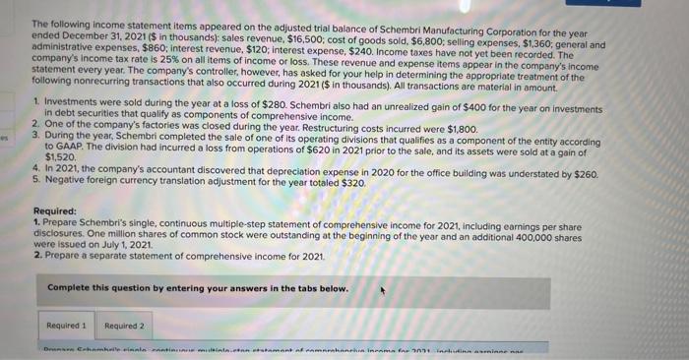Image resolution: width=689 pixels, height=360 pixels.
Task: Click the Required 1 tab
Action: point(67,326)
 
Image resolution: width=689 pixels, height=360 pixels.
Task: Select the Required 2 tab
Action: point(124,326)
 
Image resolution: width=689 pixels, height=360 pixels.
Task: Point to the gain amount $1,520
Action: point(61,156)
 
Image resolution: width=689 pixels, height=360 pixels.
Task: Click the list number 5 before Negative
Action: point(34,182)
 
